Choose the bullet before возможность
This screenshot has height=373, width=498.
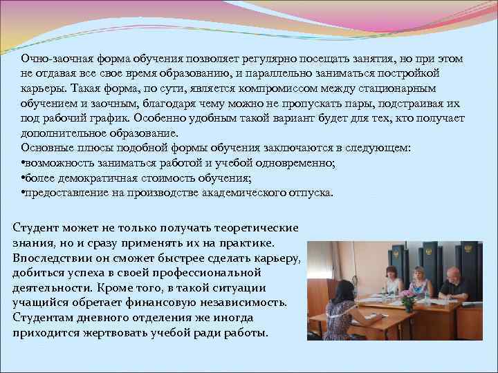(24, 164)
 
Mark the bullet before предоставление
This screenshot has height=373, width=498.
(24, 193)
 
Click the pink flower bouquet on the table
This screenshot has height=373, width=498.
(409, 299)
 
